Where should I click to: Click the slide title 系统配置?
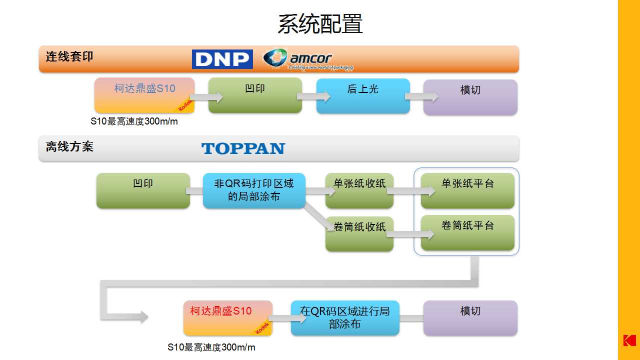[x=320, y=23]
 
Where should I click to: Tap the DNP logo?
[x=222, y=59]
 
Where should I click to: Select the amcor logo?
[x=308, y=59]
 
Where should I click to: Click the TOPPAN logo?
[x=243, y=148]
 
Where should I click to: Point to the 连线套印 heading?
[x=69, y=56]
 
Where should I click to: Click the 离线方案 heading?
[x=69, y=146]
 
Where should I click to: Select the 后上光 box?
[x=363, y=95]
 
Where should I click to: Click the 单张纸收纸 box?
[x=359, y=190]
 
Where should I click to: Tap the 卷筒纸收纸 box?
[x=359, y=233]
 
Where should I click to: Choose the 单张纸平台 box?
[x=467, y=190]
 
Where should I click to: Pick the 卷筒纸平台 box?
[x=467, y=232]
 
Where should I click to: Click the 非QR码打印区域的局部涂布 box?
[x=254, y=190]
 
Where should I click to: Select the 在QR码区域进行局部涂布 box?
[x=345, y=317]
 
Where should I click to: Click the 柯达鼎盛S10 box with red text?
[x=228, y=317]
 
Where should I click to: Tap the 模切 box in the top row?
[x=470, y=97]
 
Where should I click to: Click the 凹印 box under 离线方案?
[x=143, y=190]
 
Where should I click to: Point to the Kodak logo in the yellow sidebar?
[x=629, y=339]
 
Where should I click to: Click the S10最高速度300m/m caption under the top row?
[x=134, y=121]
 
